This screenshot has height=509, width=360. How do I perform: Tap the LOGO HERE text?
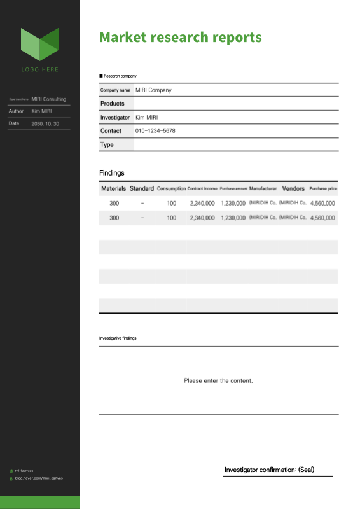point(39,69)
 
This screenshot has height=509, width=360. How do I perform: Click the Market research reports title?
point(181,38)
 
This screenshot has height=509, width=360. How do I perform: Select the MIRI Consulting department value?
point(49,99)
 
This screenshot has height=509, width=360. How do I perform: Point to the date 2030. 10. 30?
point(45,123)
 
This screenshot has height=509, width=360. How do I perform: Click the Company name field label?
point(116,90)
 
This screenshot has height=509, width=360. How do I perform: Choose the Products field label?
point(113,104)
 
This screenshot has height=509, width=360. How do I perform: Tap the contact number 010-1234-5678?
point(155,131)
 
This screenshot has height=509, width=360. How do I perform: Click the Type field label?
point(107,145)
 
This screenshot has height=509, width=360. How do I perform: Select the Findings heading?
point(112,173)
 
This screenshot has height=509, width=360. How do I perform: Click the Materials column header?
point(114,189)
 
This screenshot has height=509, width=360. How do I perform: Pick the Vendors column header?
point(293,189)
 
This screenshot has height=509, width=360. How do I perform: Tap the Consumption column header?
point(171,189)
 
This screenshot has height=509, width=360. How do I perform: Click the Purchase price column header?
point(323,189)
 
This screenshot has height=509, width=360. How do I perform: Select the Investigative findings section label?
point(118,338)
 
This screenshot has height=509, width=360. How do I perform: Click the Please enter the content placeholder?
point(218,381)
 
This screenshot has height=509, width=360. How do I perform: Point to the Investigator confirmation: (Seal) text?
point(270,470)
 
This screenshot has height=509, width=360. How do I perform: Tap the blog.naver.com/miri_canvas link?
point(39,478)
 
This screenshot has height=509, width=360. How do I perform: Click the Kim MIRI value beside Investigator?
point(147,118)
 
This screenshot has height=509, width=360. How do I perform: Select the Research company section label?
point(120,76)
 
